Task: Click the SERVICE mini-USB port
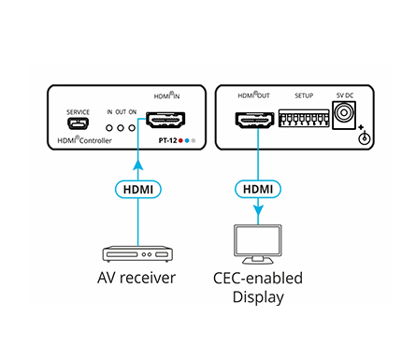tap(78, 124)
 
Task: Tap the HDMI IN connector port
tap(165, 120)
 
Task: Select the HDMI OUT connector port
tap(254, 121)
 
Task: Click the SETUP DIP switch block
tap(304, 118)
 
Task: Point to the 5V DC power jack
tap(344, 115)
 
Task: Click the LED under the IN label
tap(109, 128)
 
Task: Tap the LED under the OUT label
tap(121, 128)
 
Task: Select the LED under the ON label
tap(132, 128)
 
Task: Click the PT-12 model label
tap(167, 140)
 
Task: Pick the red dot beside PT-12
tap(180, 141)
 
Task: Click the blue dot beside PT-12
tap(187, 141)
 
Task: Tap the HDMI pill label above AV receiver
tap(138, 189)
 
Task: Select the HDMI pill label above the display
tap(258, 189)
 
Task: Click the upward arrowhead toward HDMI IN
tap(138, 166)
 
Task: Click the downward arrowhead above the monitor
tap(258, 210)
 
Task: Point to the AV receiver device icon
tap(137, 254)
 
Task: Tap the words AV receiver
tap(136, 278)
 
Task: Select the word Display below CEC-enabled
tap(258, 297)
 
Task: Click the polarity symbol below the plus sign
tap(365, 138)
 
